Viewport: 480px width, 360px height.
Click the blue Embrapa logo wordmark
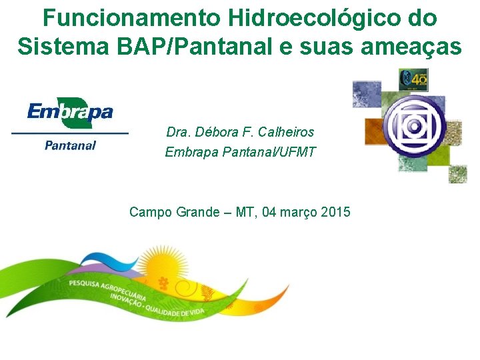(70, 111)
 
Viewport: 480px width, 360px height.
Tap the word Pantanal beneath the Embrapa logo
(70, 145)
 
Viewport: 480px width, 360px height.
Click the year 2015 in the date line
(335, 213)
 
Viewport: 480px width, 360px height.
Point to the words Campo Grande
(174, 213)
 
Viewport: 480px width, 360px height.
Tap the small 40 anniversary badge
(413, 80)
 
